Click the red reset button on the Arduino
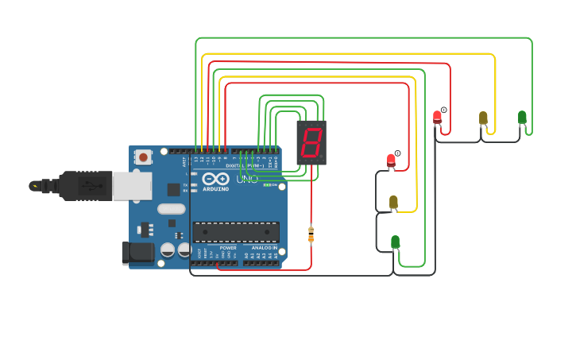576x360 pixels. click(143, 157)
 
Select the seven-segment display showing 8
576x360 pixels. click(311, 143)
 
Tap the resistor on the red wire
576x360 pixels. click(311, 234)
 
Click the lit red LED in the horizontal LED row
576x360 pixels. click(437, 118)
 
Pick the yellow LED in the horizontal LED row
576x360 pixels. click(483, 118)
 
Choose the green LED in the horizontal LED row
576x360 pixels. click(522, 118)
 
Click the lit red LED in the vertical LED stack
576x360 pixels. click(391, 161)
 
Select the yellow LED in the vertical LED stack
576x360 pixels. click(393, 203)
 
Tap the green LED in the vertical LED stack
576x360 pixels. click(395, 242)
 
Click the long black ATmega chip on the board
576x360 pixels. click(236, 232)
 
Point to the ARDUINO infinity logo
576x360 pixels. click(215, 179)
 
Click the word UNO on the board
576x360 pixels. click(247, 180)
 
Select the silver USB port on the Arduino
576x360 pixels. click(131, 186)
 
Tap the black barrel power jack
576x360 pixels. click(137, 253)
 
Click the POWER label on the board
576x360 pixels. click(228, 248)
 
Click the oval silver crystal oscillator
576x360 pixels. click(171, 209)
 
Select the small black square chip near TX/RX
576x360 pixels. click(173, 189)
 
